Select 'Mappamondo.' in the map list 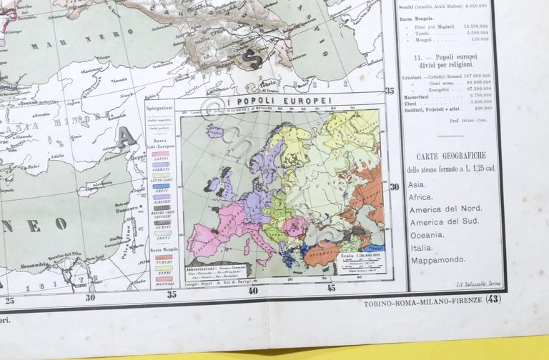pos(438,260)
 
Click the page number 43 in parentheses pos(493,299)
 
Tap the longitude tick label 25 pos(9,300)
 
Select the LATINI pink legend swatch pos(161,154)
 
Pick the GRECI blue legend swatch pos(161,186)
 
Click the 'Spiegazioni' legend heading pos(159,107)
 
